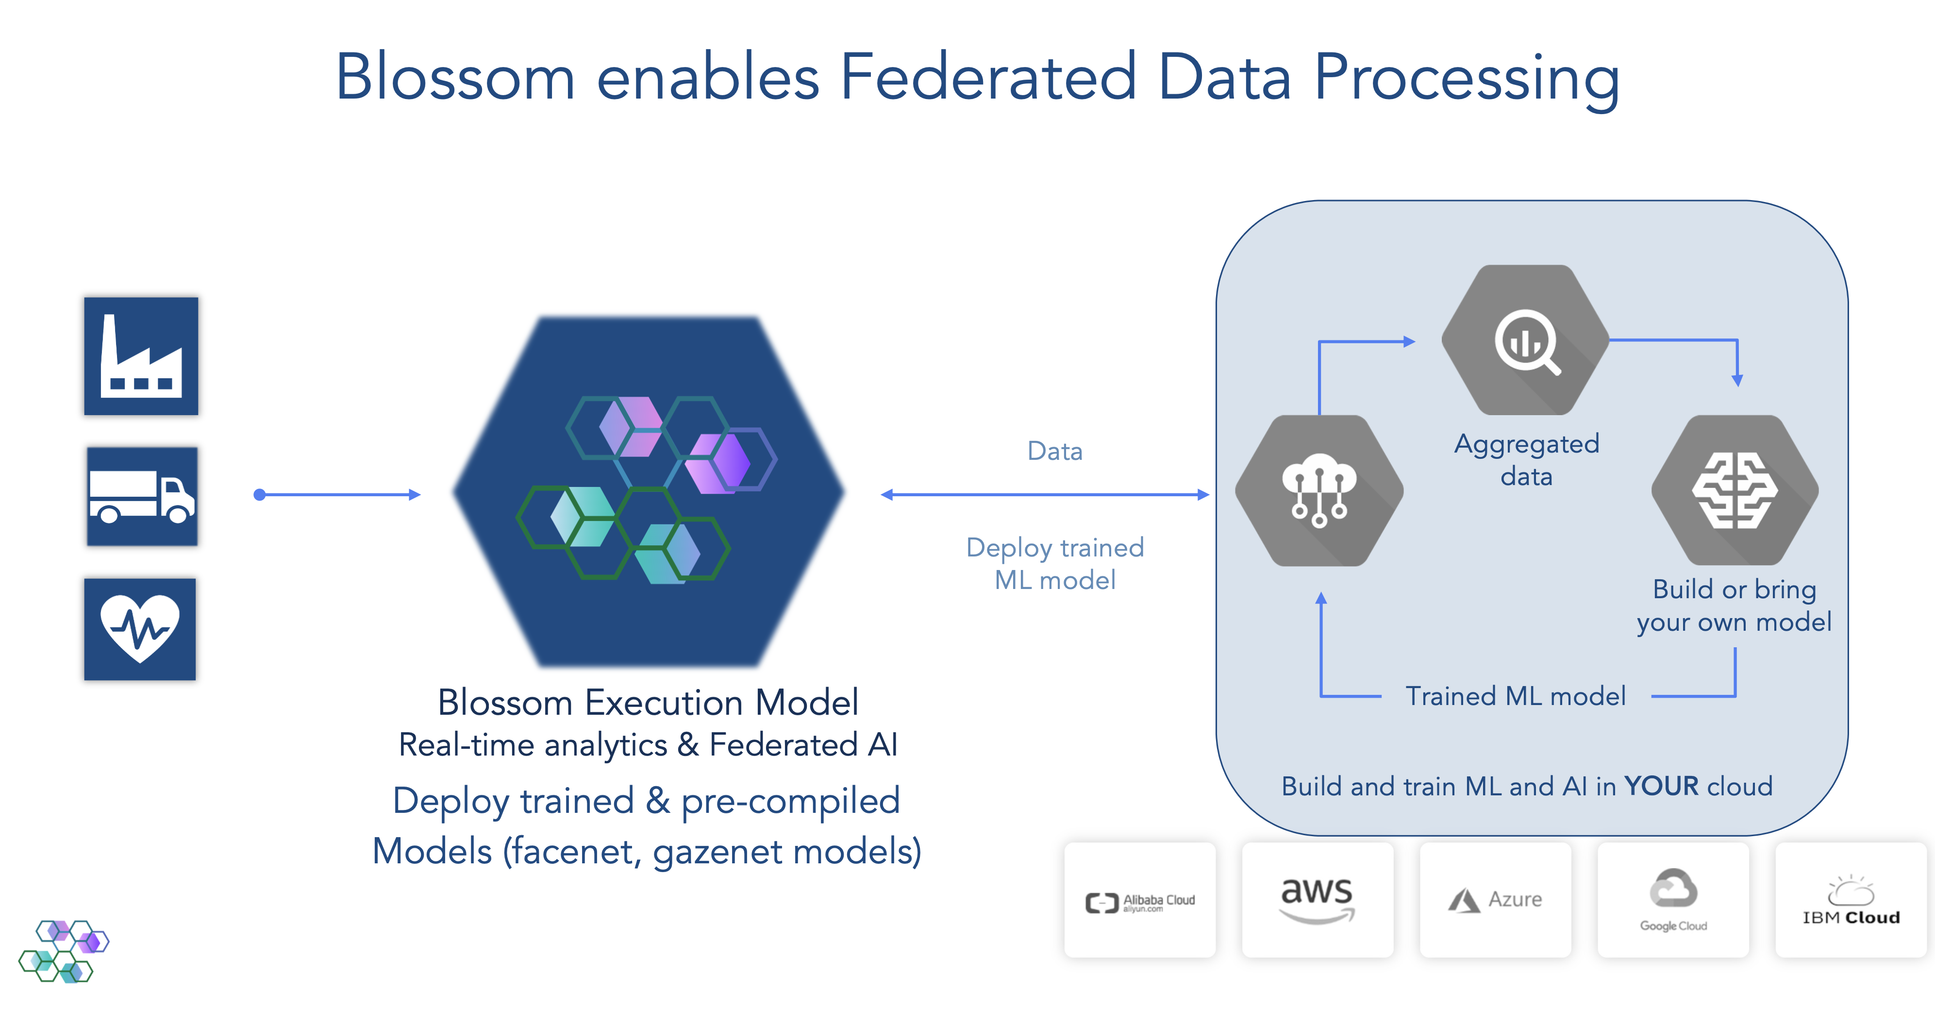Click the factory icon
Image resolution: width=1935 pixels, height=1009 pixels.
pyautogui.click(x=141, y=356)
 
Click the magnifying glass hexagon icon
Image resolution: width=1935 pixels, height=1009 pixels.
pyautogui.click(x=1526, y=340)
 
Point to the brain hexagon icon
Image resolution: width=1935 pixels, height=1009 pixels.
pyautogui.click(x=1735, y=490)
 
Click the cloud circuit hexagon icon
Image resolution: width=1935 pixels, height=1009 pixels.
pyautogui.click(x=1319, y=490)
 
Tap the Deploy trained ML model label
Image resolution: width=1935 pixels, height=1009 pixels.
pyautogui.click(x=1054, y=563)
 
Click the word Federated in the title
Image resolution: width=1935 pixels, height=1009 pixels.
pyautogui.click(x=988, y=77)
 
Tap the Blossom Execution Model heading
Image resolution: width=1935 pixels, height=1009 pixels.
pyautogui.click(x=648, y=703)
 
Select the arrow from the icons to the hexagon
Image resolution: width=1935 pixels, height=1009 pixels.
pyautogui.click(x=338, y=494)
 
